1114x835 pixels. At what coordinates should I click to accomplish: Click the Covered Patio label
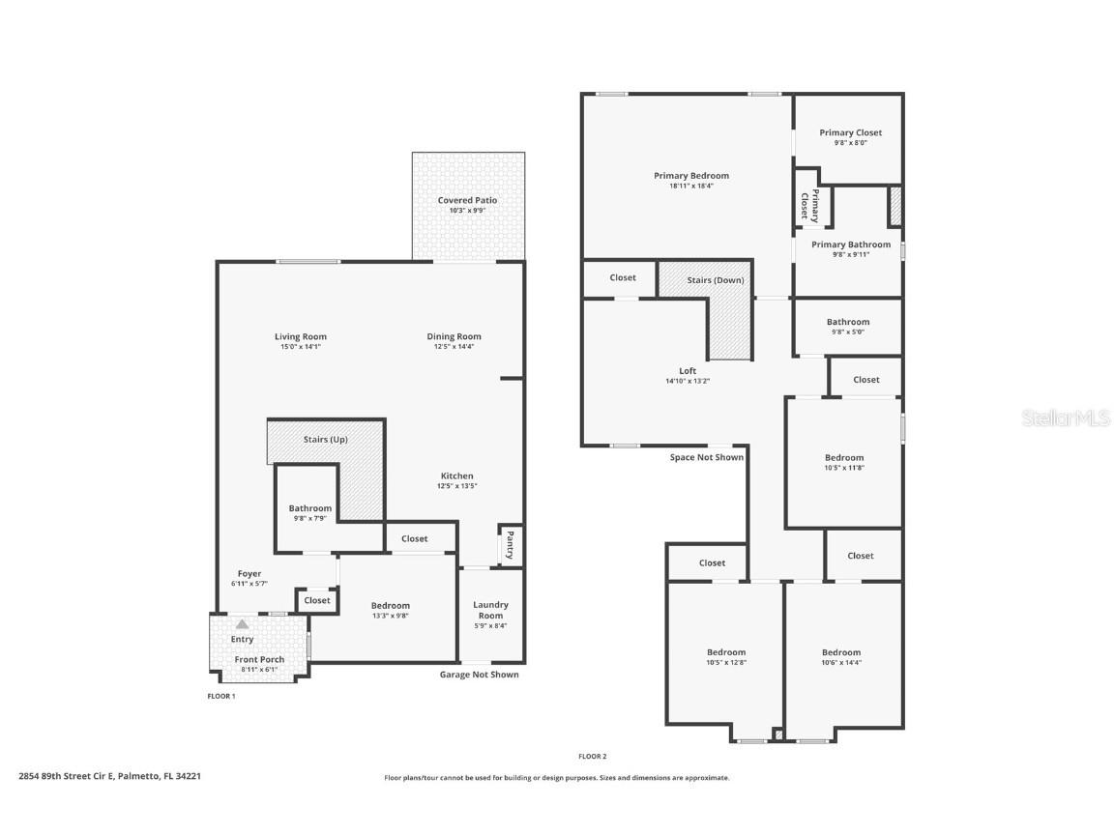(x=467, y=200)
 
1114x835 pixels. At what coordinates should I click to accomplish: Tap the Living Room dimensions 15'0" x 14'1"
(x=301, y=347)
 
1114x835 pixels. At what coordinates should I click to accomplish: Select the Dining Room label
(x=454, y=336)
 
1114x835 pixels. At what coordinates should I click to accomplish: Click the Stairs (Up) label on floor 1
(x=325, y=440)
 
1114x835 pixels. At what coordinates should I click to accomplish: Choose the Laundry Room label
(x=490, y=610)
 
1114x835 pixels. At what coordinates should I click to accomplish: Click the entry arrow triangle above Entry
(x=242, y=624)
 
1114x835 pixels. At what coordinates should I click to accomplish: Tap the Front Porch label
(x=259, y=659)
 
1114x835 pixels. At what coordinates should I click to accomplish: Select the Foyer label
(x=249, y=573)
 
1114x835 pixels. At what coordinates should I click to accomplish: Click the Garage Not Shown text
(x=479, y=675)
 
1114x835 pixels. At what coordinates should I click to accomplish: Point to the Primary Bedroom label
(x=690, y=176)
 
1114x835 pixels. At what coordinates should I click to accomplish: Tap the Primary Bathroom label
(x=850, y=245)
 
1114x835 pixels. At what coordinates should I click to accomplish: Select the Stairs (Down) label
(x=716, y=280)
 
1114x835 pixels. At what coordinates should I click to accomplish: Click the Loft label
(x=687, y=371)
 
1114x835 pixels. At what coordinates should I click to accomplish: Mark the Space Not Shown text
(x=706, y=457)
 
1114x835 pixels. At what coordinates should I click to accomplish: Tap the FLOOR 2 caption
(x=592, y=756)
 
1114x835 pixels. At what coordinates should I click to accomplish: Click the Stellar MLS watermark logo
(x=1068, y=417)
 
